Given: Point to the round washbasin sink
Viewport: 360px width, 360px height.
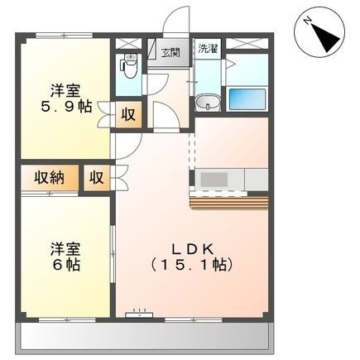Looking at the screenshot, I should click(x=208, y=103).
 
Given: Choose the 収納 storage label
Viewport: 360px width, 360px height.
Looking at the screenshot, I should click(x=50, y=177).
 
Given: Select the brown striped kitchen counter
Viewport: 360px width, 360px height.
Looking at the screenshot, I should click(x=230, y=203).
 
